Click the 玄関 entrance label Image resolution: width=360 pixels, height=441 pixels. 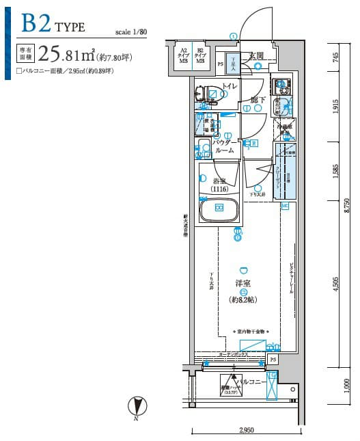pyautogui.click(x=256, y=55)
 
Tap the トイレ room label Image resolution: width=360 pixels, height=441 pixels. pyautogui.click(x=230, y=86)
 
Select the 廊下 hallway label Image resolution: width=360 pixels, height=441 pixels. pyautogui.click(x=258, y=101)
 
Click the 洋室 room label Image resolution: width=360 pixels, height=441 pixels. pyautogui.click(x=243, y=283)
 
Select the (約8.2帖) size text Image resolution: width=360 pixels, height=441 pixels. pyautogui.click(x=243, y=299)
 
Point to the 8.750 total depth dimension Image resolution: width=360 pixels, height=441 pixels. pyautogui.click(x=348, y=205)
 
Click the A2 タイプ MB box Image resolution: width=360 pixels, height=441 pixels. pyautogui.click(x=184, y=55)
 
